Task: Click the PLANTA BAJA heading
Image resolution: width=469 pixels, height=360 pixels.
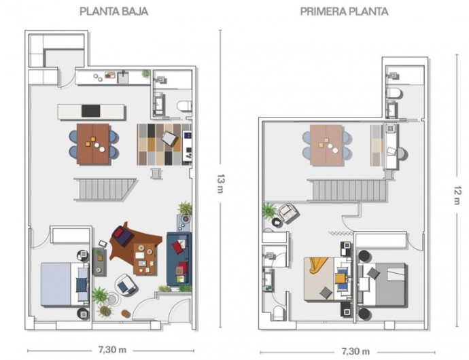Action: pyautogui.click(x=114, y=12)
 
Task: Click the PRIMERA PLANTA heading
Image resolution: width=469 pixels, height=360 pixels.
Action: pyautogui.click(x=344, y=12)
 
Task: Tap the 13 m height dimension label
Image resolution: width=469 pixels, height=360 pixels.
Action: pyautogui.click(x=220, y=183)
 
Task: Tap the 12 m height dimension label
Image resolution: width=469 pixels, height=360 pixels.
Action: pyautogui.click(x=457, y=195)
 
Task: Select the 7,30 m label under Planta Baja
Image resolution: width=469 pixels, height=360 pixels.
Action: pyautogui.click(x=112, y=349)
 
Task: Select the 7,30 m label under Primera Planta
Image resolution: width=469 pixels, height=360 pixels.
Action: pyautogui.click(x=355, y=351)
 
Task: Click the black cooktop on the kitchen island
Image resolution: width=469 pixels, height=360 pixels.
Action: pyautogui.click(x=91, y=111)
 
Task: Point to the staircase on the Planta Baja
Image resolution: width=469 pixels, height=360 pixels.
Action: pyautogui.click(x=105, y=190)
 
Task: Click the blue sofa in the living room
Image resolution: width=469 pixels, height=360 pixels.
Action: pyautogui.click(x=179, y=258)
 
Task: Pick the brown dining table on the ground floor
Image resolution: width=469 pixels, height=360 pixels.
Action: pyautogui.click(x=93, y=144)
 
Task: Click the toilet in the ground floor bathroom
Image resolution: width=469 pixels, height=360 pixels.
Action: pyautogui.click(x=184, y=106)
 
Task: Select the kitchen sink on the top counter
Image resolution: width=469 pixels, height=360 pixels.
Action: pyautogui.click(x=123, y=77)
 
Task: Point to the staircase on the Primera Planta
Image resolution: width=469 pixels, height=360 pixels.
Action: pyautogui.click(x=347, y=190)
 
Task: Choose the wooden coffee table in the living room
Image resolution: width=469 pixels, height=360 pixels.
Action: pyautogui.click(x=145, y=259)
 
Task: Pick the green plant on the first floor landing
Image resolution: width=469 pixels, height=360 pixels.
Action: pyautogui.click(x=269, y=210)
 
